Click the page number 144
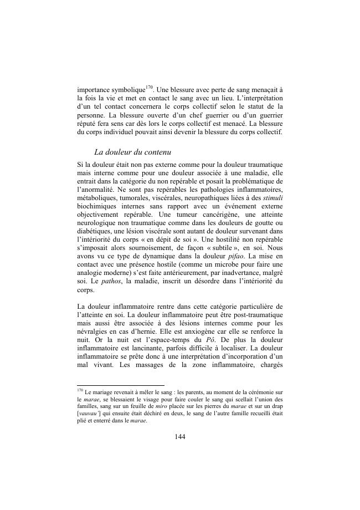click(179, 436)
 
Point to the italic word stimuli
click(271, 192)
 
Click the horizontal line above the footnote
click(121, 385)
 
